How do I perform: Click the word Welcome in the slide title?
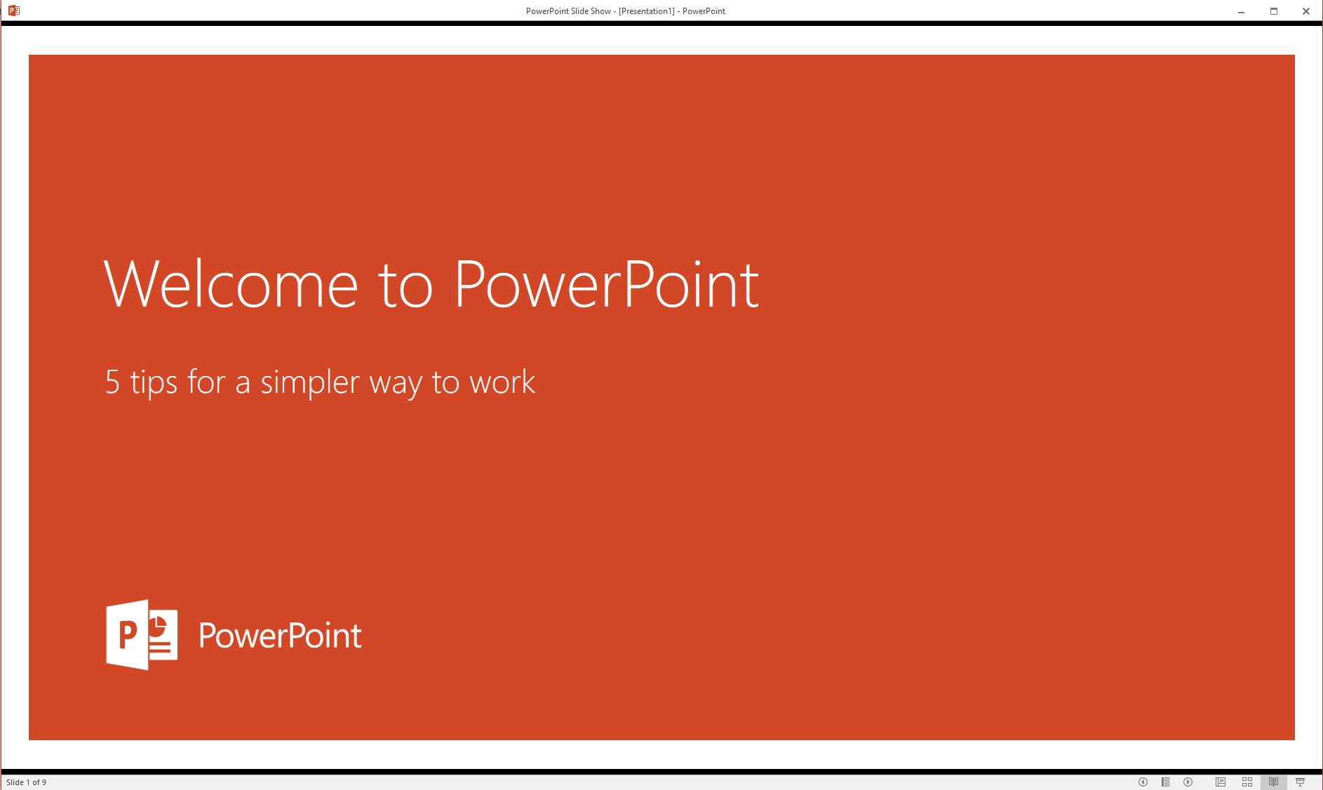coord(231,283)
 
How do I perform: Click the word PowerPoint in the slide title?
coord(607,283)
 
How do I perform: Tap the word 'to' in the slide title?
coord(405,286)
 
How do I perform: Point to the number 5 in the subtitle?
coord(112,382)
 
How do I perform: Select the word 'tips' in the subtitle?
coord(154,383)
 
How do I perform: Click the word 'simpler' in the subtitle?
coord(310,383)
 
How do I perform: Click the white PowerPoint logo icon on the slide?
coord(142,634)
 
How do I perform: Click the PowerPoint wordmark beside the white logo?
coord(280,635)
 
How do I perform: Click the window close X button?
coord(1306,11)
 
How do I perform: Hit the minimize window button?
coord(1241,11)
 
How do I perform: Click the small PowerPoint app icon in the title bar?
coord(13,11)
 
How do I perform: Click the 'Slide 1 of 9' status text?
coord(26,782)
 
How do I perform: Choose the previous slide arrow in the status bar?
coord(1143,782)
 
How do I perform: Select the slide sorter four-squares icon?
coord(1247,782)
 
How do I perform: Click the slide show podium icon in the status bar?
coord(1300,782)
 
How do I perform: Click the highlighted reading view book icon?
coord(1273,782)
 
